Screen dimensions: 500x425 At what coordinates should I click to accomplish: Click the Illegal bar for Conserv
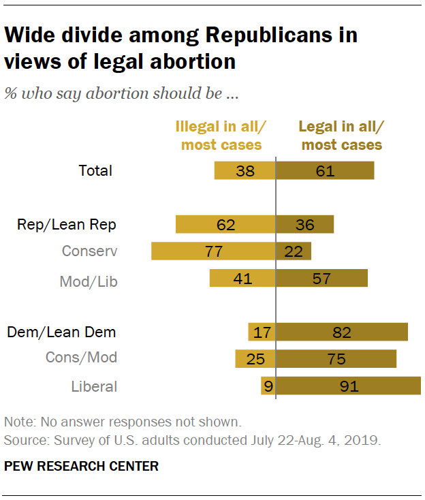tap(213, 251)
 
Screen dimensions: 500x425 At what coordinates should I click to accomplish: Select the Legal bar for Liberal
tap(348, 386)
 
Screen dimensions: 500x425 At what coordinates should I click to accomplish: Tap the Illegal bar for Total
tap(245, 170)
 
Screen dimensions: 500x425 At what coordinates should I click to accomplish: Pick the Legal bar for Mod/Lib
tap(321, 278)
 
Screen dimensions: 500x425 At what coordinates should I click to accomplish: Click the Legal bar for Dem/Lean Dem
tap(342, 332)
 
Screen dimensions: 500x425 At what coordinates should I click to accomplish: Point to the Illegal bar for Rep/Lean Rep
tap(225, 224)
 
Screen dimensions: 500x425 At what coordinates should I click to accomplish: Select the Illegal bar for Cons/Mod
tap(255, 358)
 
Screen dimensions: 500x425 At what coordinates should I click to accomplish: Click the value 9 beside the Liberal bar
tap(268, 386)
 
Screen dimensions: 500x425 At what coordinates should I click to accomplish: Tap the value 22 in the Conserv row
tap(294, 251)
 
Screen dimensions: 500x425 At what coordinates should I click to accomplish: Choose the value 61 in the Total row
tap(325, 170)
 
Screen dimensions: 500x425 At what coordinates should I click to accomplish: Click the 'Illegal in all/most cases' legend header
tap(221, 135)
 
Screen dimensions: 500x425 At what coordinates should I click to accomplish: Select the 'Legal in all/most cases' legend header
tap(342, 135)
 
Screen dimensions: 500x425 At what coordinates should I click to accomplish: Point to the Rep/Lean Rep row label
tap(67, 224)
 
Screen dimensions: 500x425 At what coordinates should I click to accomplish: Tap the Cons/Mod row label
tap(81, 357)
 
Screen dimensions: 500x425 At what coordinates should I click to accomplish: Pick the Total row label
tap(95, 170)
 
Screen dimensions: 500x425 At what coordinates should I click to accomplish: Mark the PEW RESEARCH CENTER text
tap(81, 467)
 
